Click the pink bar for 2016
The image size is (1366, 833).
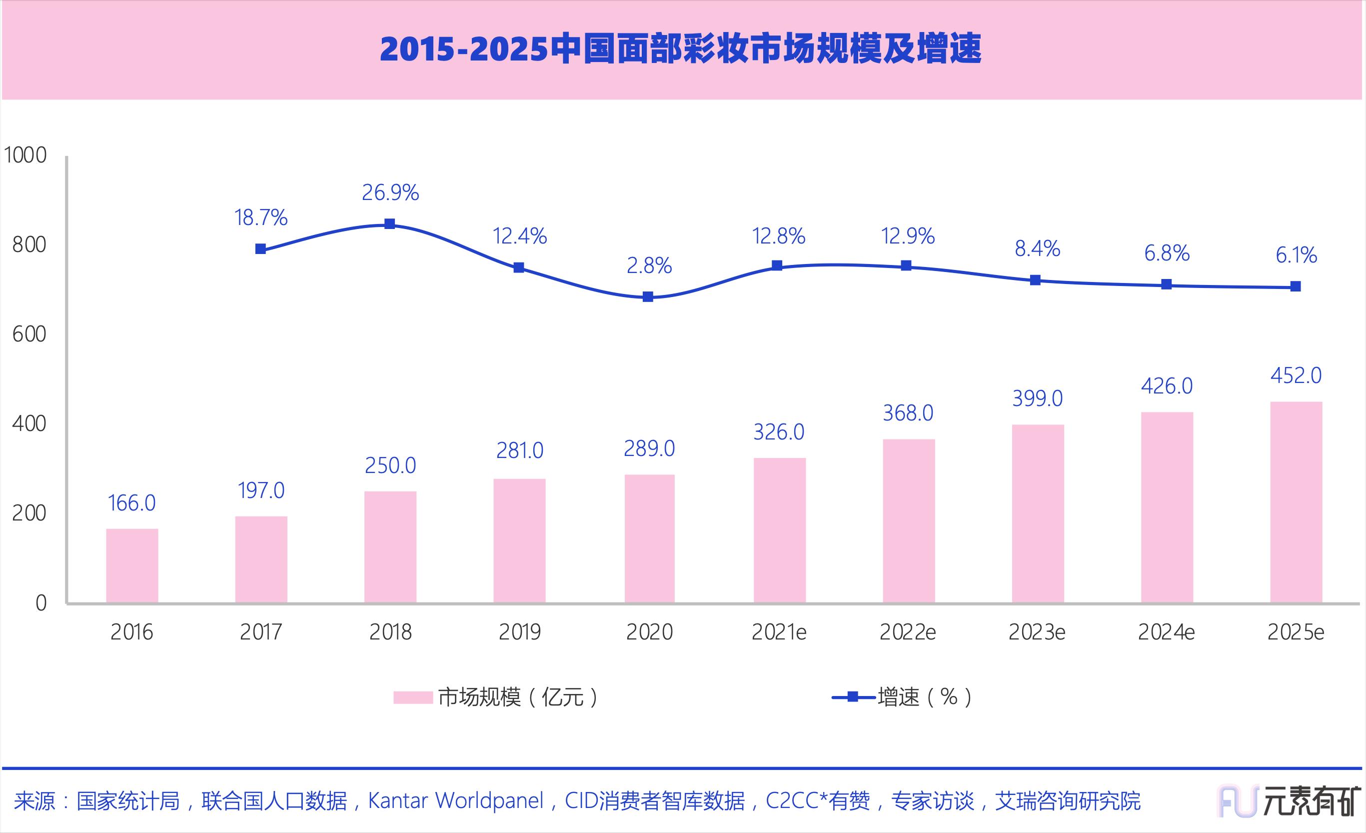[x=132, y=565]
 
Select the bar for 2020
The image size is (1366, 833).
[x=649, y=538]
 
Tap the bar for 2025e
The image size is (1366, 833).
[x=1296, y=502]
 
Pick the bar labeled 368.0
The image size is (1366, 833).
[x=909, y=521]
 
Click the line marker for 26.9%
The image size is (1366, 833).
[x=390, y=224]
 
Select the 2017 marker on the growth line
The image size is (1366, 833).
[x=260, y=249]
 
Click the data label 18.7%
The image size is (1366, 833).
[x=260, y=218]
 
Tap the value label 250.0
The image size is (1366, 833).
[x=390, y=466]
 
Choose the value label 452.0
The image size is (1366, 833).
[x=1296, y=376]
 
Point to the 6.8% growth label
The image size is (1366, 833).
[x=1167, y=253]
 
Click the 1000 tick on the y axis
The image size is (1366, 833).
[x=25, y=155]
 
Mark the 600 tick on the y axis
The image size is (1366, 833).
[x=29, y=334]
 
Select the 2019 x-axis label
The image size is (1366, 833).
[x=519, y=632]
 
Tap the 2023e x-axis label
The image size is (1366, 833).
[x=1037, y=632]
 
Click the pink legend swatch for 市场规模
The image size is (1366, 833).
[x=412, y=697]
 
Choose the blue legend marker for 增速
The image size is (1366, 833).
[x=854, y=697]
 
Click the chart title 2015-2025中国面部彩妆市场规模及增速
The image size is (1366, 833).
[x=681, y=49]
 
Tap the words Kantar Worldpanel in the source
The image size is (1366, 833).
[x=456, y=801]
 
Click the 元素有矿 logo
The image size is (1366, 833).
[x=1289, y=801]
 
